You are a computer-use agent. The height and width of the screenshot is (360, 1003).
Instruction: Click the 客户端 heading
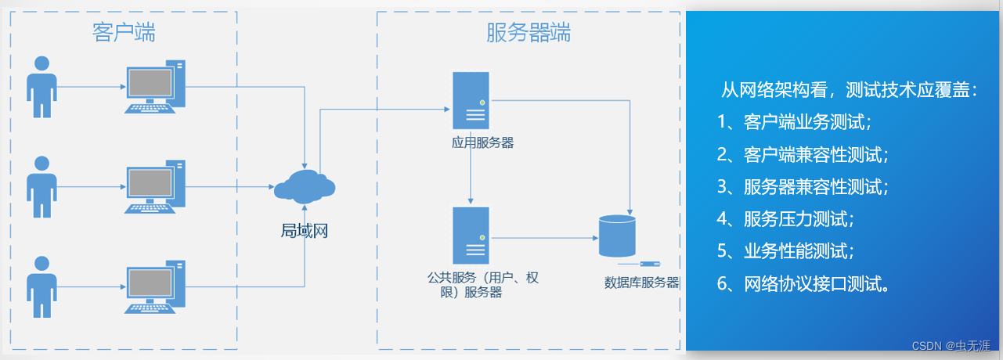123,33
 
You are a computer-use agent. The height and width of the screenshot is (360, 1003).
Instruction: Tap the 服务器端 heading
529,33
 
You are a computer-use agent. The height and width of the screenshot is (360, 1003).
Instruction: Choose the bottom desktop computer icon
155,286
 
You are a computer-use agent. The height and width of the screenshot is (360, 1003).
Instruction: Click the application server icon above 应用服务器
471,100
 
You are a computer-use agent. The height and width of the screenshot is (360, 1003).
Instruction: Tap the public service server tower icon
471,236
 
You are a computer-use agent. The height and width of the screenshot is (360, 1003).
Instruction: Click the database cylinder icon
615,235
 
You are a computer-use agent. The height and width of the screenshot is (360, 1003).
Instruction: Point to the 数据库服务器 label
641,283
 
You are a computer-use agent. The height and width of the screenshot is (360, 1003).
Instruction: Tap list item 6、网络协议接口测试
803,284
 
